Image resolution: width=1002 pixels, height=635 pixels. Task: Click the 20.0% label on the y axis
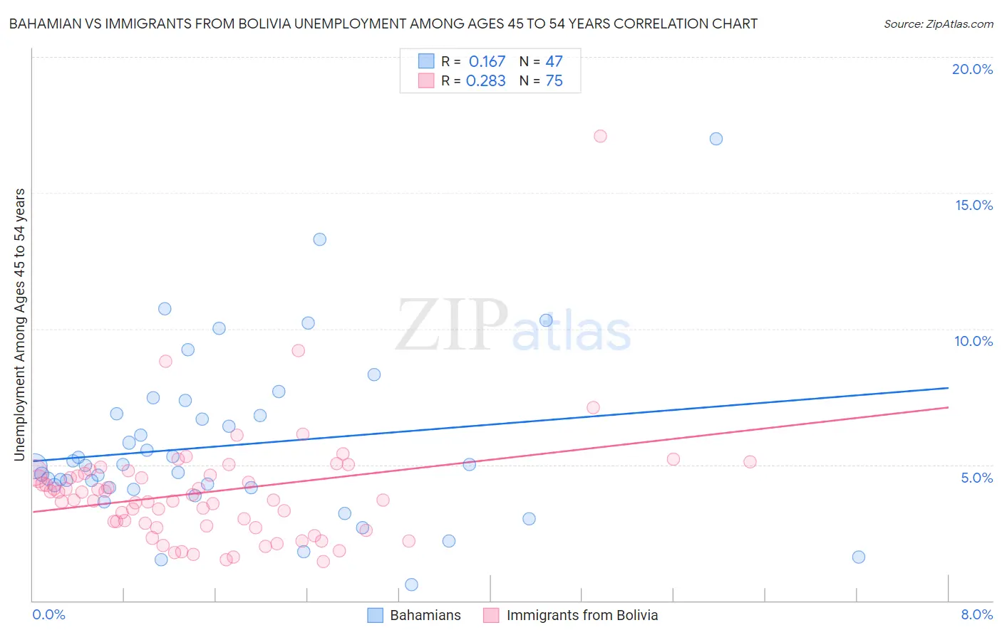972,69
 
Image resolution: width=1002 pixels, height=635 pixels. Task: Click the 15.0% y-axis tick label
973,205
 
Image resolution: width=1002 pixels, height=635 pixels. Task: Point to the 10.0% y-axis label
973,341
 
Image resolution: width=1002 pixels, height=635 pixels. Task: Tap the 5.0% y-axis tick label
976,478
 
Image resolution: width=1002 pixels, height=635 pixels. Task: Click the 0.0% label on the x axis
48,614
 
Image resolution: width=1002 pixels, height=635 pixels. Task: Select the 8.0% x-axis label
976,614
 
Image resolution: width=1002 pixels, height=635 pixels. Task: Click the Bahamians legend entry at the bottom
425,615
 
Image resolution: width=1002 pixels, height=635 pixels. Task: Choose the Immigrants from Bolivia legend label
582,615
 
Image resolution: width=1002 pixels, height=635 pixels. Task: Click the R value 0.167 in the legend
487,62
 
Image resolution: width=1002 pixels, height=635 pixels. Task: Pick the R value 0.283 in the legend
485,81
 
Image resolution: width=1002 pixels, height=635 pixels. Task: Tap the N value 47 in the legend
554,62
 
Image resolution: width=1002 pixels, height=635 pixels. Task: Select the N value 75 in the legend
554,81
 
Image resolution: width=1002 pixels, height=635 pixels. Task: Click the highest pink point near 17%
600,136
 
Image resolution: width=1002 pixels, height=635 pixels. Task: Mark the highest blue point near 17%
716,139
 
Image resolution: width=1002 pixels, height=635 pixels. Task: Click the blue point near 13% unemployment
320,239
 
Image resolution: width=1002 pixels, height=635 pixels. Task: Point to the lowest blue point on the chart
411,584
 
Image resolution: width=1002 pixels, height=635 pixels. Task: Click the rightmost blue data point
859,557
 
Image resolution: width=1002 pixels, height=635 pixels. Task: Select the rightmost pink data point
750,461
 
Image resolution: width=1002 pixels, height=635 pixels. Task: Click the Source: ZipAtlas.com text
938,24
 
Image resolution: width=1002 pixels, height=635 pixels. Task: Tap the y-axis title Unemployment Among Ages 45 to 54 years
20,324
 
